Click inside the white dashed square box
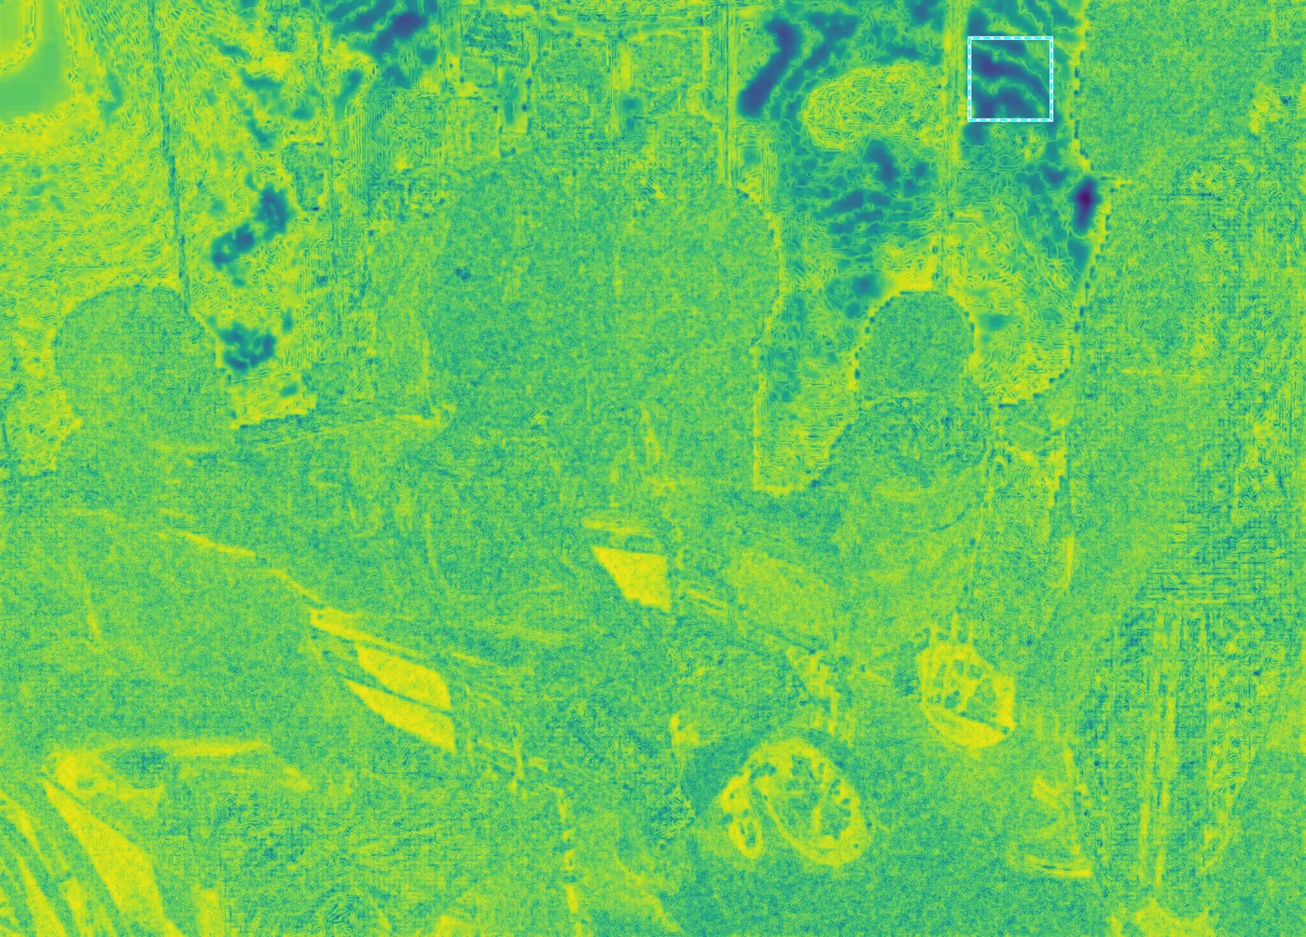[1010, 79]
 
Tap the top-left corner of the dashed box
[969, 38]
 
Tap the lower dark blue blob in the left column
[247, 345]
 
